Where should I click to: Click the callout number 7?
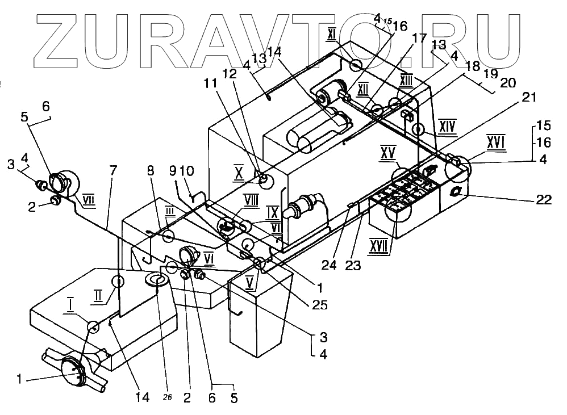114,170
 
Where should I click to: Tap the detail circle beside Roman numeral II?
118,281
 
